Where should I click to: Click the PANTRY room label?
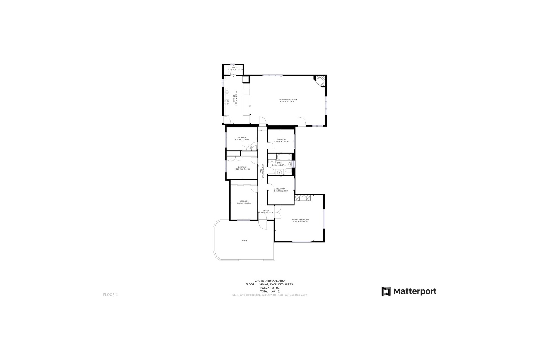[x=235, y=67]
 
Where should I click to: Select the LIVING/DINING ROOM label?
[x=287, y=100]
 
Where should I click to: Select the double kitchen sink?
[x=227, y=91]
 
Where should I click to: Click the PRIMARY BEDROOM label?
[x=300, y=220]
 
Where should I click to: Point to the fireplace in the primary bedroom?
[x=303, y=198]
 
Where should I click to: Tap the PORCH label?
[x=244, y=241]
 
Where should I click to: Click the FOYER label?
[x=266, y=211]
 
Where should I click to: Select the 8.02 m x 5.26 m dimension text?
[x=287, y=102]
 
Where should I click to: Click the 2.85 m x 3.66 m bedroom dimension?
[x=244, y=203]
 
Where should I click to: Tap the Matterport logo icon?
[x=386, y=291]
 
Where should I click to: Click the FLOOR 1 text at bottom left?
[x=111, y=295]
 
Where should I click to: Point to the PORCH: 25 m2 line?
[x=270, y=288]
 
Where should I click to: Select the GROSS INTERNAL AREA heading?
[x=270, y=281]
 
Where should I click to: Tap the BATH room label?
[x=279, y=163]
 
